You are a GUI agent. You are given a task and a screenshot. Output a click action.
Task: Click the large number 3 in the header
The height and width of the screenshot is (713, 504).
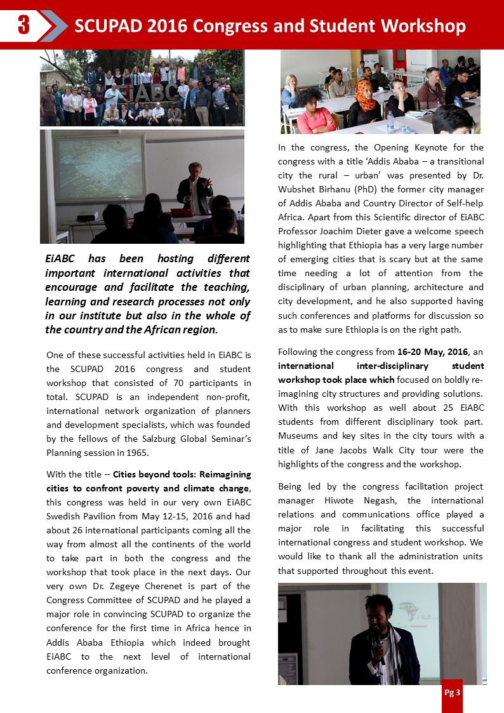(x=23, y=25)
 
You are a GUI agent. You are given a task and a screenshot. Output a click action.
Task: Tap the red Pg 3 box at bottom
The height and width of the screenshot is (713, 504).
(x=452, y=693)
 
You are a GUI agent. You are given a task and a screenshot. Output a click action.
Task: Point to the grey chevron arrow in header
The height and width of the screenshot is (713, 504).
(x=53, y=25)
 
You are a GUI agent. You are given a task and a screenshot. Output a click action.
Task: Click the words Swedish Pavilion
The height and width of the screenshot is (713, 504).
(x=76, y=516)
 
